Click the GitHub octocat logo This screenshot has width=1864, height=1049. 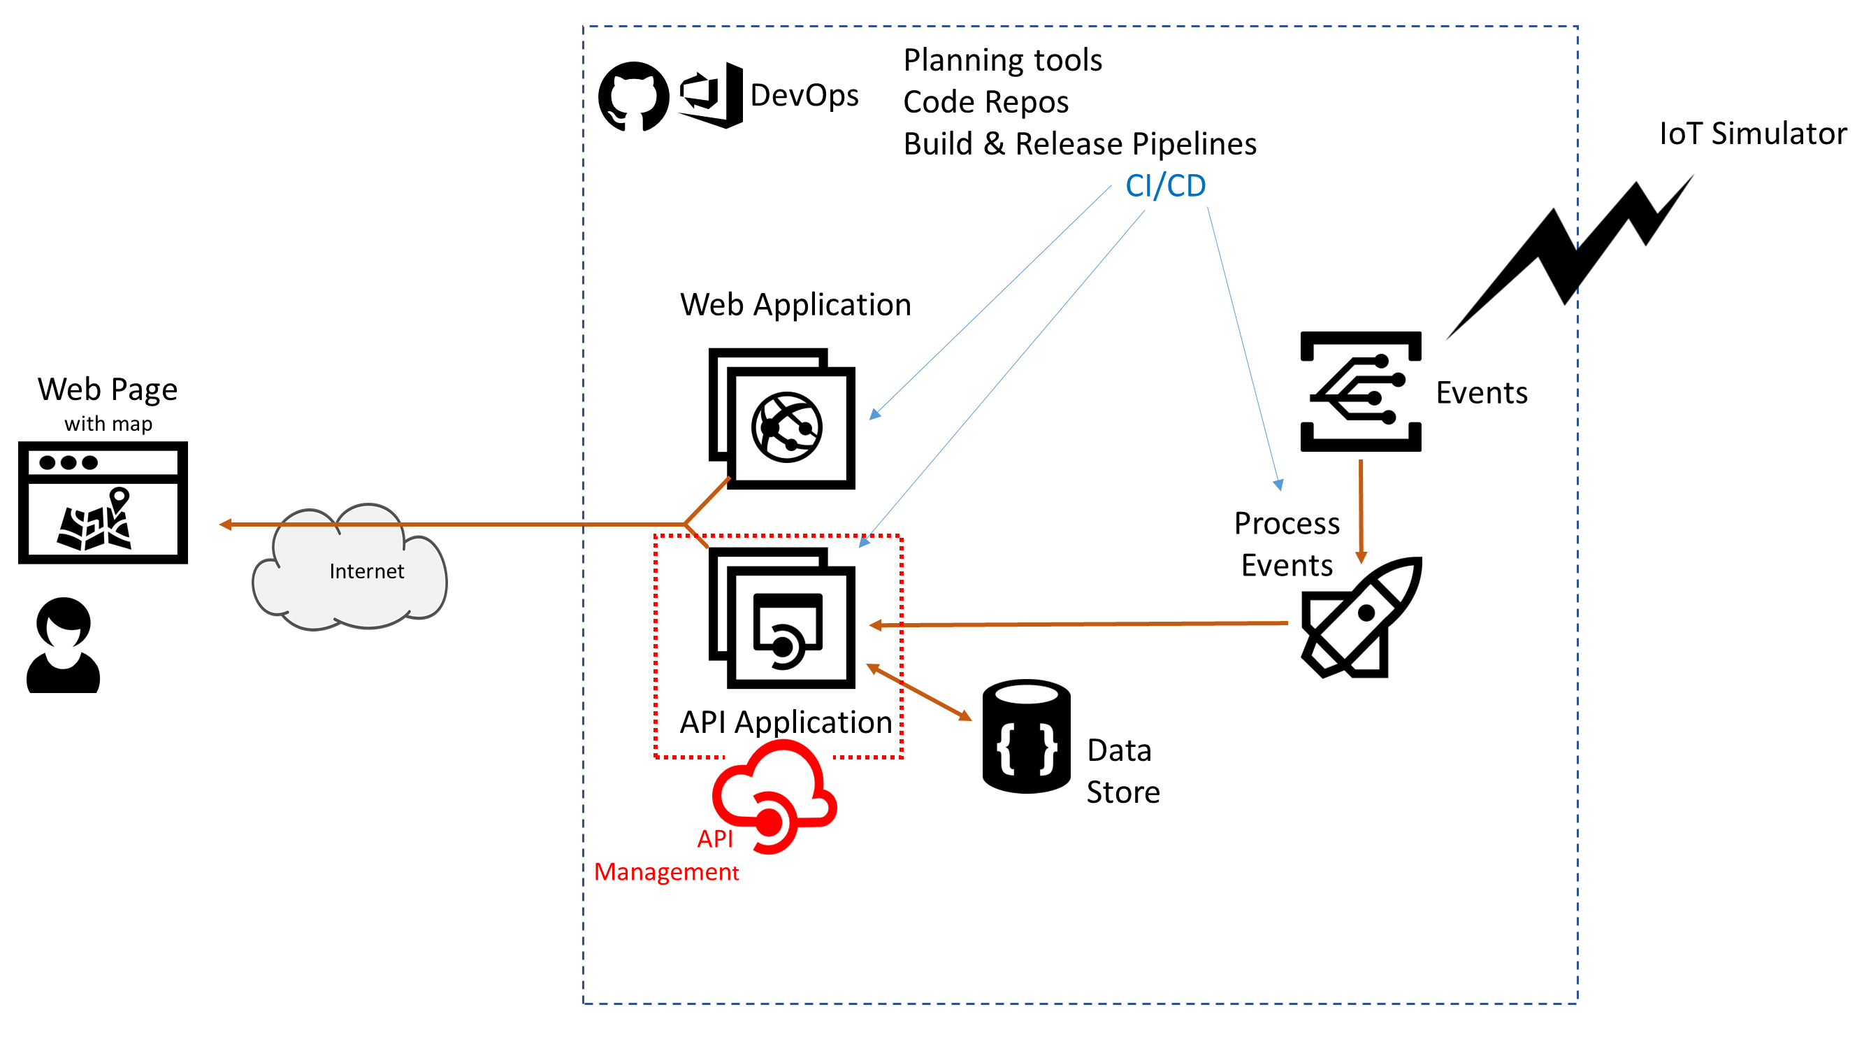point(633,97)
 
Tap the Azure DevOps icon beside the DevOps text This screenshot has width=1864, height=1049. point(711,96)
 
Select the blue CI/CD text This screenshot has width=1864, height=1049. point(1165,186)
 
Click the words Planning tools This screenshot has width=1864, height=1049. point(1002,60)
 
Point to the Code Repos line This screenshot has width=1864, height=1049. point(985,102)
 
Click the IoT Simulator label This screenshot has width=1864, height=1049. point(1752,134)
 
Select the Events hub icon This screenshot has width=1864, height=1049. point(1360,392)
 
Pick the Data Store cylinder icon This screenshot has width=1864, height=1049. point(1026,736)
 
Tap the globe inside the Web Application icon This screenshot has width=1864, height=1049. point(786,428)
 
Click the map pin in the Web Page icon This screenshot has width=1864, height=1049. point(120,498)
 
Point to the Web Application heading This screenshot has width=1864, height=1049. point(795,305)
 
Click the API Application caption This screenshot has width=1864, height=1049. point(786,722)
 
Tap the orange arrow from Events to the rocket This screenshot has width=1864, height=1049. point(1360,511)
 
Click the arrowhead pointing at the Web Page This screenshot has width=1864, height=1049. point(225,524)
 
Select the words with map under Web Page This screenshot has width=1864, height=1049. point(108,424)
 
